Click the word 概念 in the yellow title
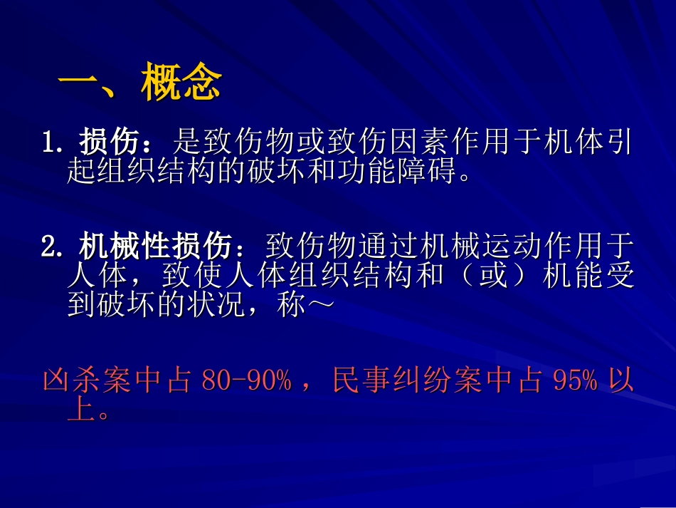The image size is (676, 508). (181, 85)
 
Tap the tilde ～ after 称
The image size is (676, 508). (320, 305)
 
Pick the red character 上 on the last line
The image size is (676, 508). (80, 408)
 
